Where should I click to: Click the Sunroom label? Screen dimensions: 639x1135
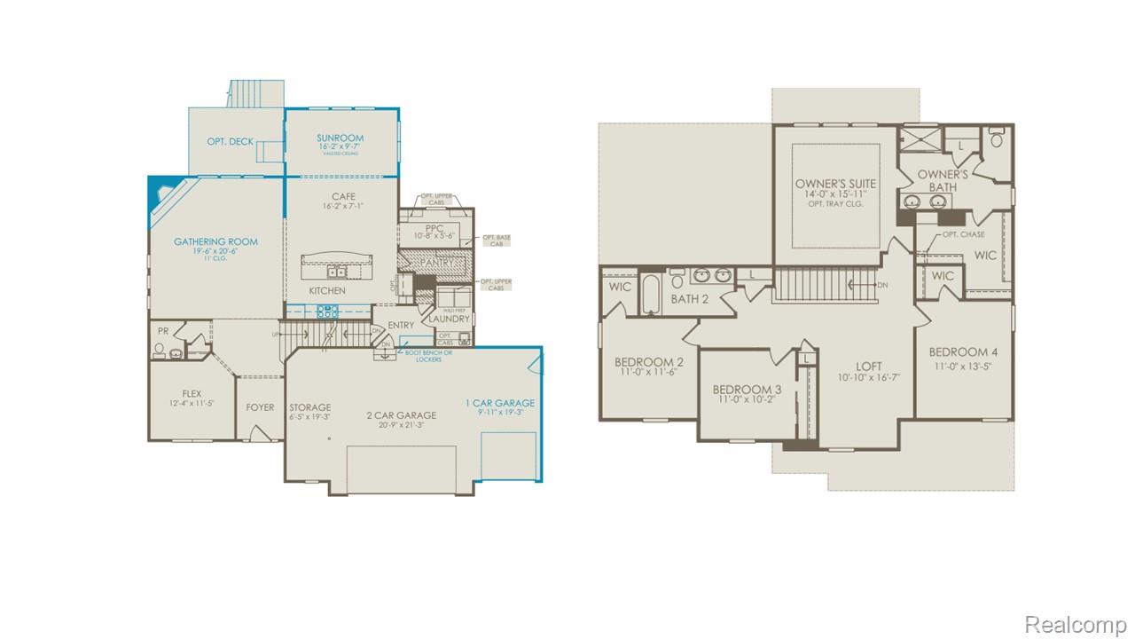pos(340,138)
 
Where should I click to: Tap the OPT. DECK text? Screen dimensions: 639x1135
pos(230,142)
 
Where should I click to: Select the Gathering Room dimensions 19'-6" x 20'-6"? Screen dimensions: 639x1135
pos(215,251)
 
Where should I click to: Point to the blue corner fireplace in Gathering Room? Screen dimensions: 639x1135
pos(160,191)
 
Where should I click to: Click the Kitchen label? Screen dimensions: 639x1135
pos(326,291)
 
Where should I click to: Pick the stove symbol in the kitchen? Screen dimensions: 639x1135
pos(329,311)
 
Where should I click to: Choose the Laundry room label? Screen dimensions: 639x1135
pos(450,319)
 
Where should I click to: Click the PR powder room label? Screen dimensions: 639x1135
pos(162,331)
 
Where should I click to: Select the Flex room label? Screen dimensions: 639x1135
pos(192,393)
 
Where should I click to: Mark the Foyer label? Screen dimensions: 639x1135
pos(260,407)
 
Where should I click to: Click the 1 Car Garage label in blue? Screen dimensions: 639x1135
pos(500,403)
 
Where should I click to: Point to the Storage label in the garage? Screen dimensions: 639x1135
pos(309,407)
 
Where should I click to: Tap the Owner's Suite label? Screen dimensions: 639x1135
pos(835,184)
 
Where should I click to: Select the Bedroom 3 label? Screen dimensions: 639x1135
pos(747,390)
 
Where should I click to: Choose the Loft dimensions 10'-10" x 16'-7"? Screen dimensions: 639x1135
pos(868,377)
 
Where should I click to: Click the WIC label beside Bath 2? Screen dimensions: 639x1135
pos(621,287)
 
